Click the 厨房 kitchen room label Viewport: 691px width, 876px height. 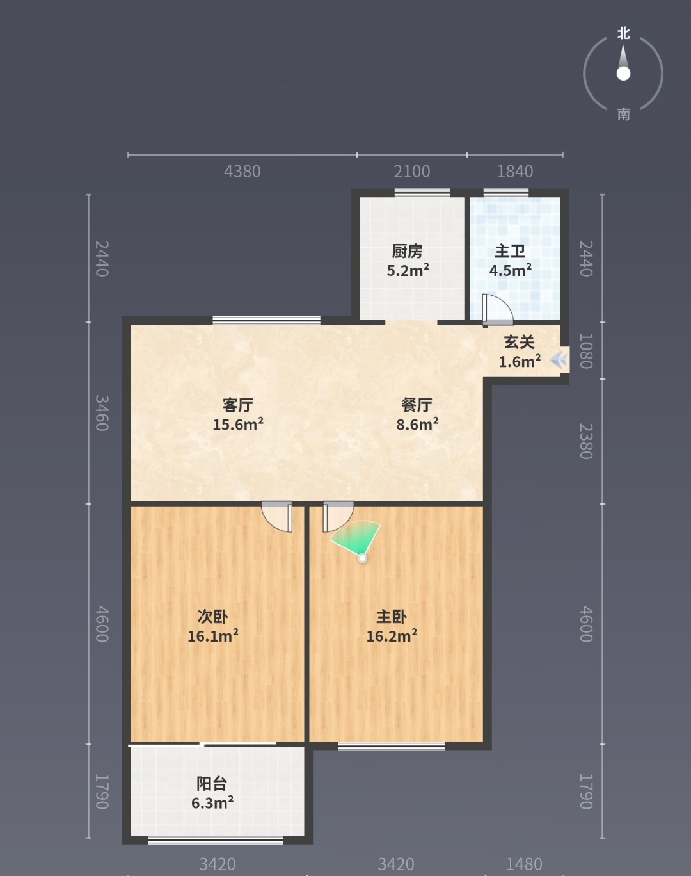click(407, 251)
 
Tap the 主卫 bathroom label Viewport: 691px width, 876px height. click(510, 251)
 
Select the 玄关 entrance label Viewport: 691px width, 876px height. click(520, 343)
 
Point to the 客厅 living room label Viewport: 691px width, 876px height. click(238, 405)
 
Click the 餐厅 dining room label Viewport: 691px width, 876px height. click(417, 405)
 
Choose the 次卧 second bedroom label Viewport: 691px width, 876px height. click(212, 617)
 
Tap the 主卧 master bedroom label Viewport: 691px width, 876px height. click(392, 617)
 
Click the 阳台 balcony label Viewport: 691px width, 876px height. click(212, 784)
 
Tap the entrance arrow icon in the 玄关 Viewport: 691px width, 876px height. click(559, 360)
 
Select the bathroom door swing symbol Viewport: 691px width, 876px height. click(497, 310)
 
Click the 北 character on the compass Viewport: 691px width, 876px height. click(623, 33)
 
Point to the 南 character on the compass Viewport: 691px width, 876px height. click(623, 115)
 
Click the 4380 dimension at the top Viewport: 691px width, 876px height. click(242, 172)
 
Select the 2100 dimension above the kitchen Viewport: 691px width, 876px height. click(411, 172)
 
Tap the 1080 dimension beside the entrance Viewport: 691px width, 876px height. click(585, 351)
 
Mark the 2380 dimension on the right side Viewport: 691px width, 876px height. click(585, 441)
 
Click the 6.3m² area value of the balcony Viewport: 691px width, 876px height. click(212, 803)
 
